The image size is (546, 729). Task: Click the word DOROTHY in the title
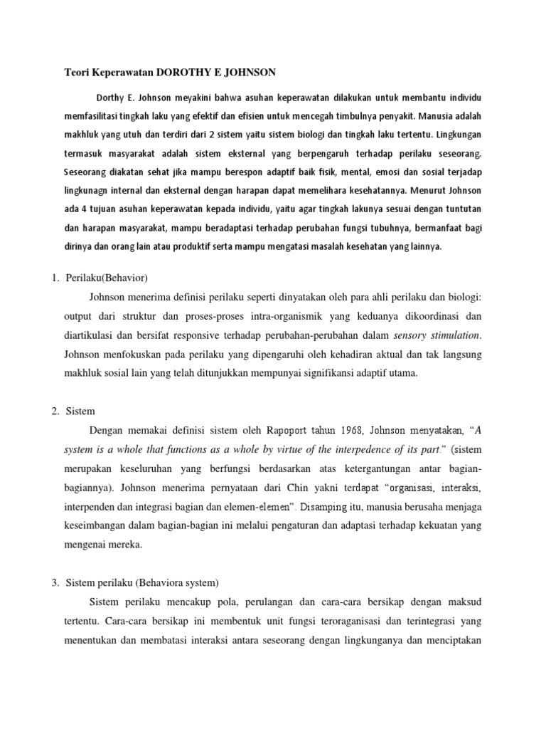click(189, 72)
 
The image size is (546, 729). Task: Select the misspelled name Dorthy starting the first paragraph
click(110, 96)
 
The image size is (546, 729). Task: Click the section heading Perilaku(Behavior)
click(105, 277)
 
